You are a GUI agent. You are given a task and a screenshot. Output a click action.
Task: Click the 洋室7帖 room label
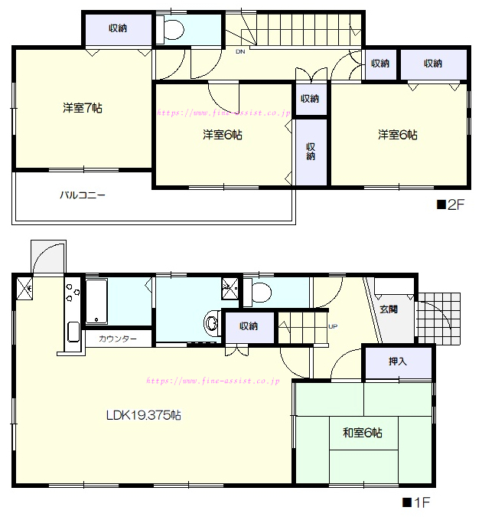[x=83, y=108]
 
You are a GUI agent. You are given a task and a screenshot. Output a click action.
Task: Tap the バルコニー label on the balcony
[x=83, y=195]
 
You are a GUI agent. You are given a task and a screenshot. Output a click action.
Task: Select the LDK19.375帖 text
[x=144, y=415]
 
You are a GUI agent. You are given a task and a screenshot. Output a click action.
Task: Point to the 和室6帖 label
[x=363, y=432]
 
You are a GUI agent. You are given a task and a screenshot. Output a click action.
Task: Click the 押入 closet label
[x=398, y=362]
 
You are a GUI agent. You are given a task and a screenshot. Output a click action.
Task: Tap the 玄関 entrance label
[x=389, y=309]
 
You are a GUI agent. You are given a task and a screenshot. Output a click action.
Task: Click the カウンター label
[x=118, y=339]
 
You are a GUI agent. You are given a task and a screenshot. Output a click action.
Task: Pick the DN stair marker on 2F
[x=240, y=52]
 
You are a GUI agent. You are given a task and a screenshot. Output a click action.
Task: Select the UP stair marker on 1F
[x=333, y=326]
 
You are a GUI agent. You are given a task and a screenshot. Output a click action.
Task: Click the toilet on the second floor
[x=171, y=30]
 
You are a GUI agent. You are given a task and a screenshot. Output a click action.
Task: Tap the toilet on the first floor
[x=257, y=292]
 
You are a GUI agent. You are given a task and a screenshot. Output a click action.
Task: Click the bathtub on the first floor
[x=96, y=301]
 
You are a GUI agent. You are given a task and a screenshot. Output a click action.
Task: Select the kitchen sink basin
[x=73, y=332]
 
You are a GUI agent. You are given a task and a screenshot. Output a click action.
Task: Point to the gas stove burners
[x=73, y=292]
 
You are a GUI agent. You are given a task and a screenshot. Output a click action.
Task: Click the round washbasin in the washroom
[x=212, y=322]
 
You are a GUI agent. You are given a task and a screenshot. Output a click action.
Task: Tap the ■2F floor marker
[x=451, y=205]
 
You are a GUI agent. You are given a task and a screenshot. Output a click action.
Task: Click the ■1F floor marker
[x=416, y=502]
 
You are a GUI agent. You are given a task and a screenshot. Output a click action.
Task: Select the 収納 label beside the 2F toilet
[x=118, y=28]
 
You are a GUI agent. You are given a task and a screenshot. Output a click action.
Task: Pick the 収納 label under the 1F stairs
[x=249, y=326]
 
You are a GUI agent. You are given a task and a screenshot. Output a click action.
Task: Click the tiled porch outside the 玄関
[x=438, y=318]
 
